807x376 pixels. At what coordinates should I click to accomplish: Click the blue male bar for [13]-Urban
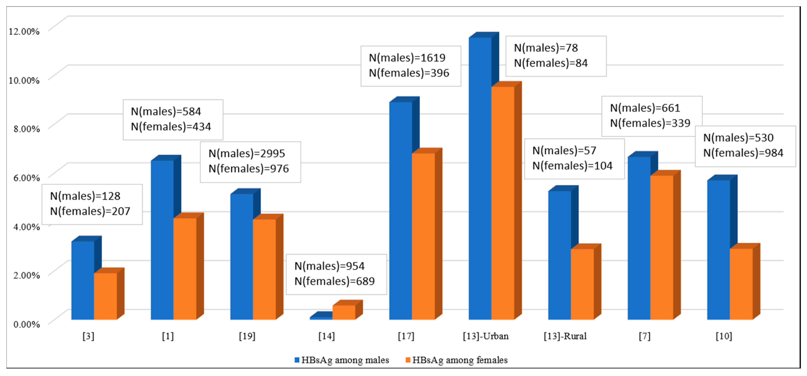[x=480, y=178]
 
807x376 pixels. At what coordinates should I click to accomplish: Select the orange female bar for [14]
[x=344, y=312]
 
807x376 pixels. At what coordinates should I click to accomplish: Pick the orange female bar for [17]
[x=423, y=236]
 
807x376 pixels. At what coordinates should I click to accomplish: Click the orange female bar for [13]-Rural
[x=582, y=284]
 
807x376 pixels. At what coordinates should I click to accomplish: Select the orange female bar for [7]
[x=662, y=247]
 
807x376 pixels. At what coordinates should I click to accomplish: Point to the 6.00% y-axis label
[x=26, y=178]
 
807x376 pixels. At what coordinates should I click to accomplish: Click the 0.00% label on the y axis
[x=26, y=324]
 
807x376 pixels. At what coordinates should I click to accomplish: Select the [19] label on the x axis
[x=247, y=336]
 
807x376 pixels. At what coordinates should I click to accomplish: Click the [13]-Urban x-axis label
[x=486, y=336]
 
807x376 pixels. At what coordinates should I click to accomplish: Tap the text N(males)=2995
[x=247, y=154]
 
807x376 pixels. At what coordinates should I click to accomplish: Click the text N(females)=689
[x=334, y=281]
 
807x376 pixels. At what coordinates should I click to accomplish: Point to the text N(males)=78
[x=546, y=48]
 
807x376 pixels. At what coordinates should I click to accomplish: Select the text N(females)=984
[x=743, y=153]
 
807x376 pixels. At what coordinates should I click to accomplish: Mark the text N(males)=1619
[x=407, y=58]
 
